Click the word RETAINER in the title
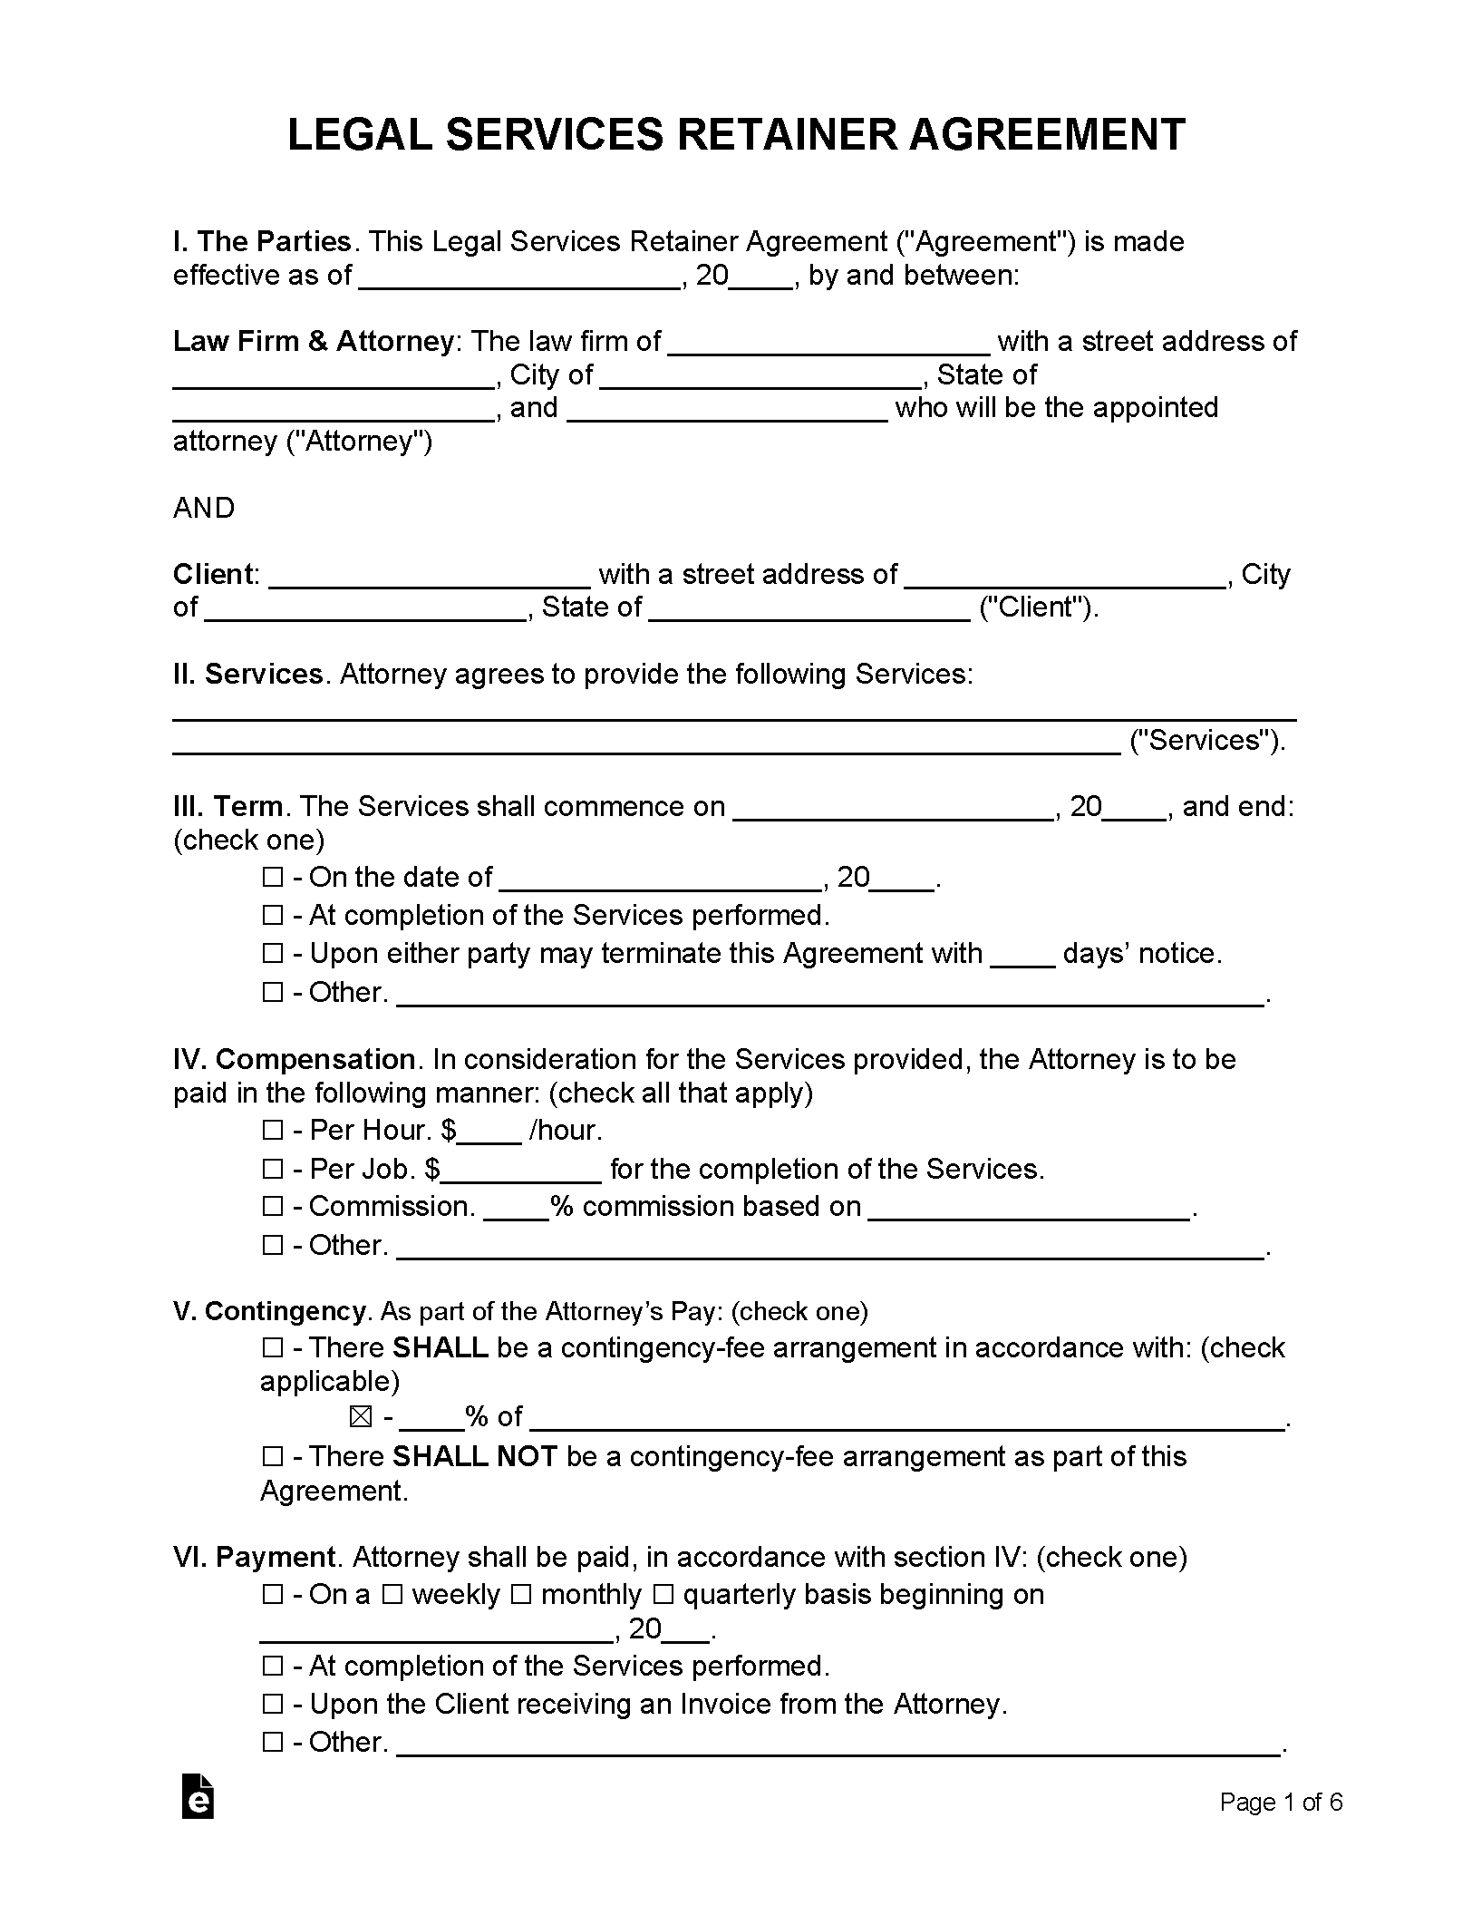pos(787,135)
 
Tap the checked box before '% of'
pos(361,1416)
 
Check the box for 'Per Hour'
pos(272,1131)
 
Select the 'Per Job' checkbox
pos(272,1170)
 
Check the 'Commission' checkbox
pos(272,1207)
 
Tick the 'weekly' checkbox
pos(392,1595)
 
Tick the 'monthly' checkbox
pos(521,1595)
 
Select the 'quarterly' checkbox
pos(663,1595)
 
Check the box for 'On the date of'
pos(272,878)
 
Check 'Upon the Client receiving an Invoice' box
pos(272,1706)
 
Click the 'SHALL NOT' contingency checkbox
pos(272,1457)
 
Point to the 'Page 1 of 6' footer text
pos(1281,1803)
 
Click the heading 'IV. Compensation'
pos(294,1059)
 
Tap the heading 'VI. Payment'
pos(254,1557)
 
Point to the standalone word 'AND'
pos(204,508)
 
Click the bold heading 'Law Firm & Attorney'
pos(313,341)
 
